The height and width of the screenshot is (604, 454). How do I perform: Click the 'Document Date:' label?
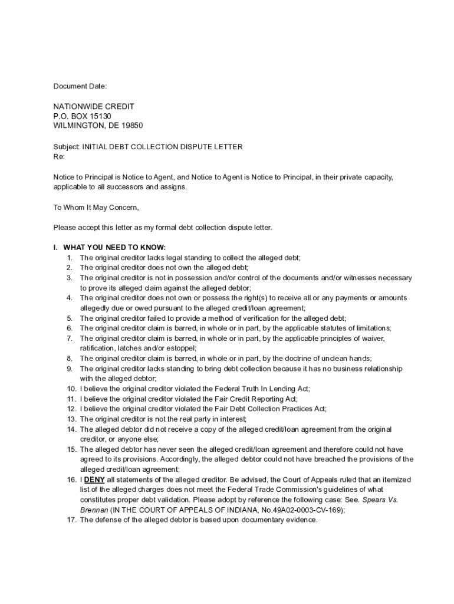point(80,87)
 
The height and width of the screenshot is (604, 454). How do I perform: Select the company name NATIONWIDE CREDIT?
point(94,106)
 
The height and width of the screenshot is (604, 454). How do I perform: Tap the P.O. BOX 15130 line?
point(82,116)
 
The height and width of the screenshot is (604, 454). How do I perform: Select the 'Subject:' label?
point(66,147)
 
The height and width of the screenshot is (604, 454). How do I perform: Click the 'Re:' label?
point(59,157)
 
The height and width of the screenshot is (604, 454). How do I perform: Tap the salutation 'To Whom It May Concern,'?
point(96,207)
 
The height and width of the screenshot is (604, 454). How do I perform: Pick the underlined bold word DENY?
point(94,480)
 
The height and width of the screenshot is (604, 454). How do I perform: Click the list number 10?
point(71,389)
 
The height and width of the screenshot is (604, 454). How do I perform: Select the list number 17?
point(71,520)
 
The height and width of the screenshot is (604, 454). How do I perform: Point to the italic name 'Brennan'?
point(94,510)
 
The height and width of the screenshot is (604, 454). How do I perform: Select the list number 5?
point(69,318)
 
